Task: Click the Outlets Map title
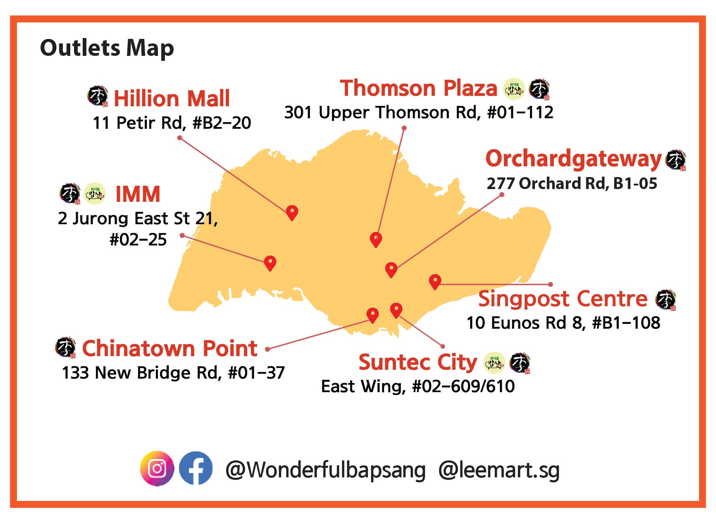[107, 48]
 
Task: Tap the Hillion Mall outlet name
[172, 98]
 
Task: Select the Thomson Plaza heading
[418, 88]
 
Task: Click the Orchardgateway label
[574, 159]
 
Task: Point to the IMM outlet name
[138, 194]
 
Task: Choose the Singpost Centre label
[563, 299]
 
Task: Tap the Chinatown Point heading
[169, 348]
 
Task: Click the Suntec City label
[418, 362]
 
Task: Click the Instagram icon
[157, 468]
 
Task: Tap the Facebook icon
[196, 468]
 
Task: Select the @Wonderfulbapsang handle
[325, 470]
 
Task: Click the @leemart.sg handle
[499, 470]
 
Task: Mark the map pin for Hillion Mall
[292, 212]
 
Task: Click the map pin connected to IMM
[270, 262]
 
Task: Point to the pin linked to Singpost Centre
[434, 281]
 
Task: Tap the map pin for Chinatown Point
[372, 315]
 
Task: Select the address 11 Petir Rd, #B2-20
[172, 123]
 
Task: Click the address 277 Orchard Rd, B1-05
[572, 183]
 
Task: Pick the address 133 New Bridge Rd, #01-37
[173, 373]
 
